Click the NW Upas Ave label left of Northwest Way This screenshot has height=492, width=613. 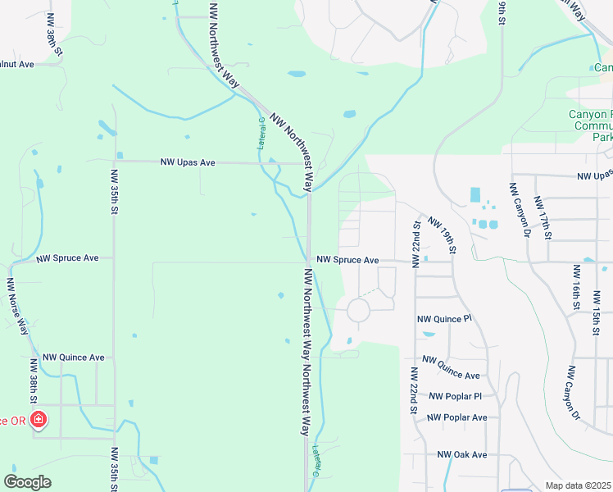(188, 163)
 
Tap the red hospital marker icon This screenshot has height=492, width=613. (38, 421)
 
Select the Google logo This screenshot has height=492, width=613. (27, 482)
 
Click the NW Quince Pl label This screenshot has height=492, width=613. (445, 319)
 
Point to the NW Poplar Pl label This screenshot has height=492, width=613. (455, 396)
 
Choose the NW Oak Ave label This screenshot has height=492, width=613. (462, 454)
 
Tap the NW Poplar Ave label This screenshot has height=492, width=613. (457, 417)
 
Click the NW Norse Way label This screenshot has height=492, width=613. (18, 307)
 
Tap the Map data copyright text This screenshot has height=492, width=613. (579, 485)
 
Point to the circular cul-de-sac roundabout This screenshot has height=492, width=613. (358, 310)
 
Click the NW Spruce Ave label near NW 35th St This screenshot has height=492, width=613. (68, 258)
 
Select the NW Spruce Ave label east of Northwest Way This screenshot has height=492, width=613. (347, 260)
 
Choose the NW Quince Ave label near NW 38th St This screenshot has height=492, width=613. (74, 358)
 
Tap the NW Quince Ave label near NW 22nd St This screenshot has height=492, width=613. (451, 367)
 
